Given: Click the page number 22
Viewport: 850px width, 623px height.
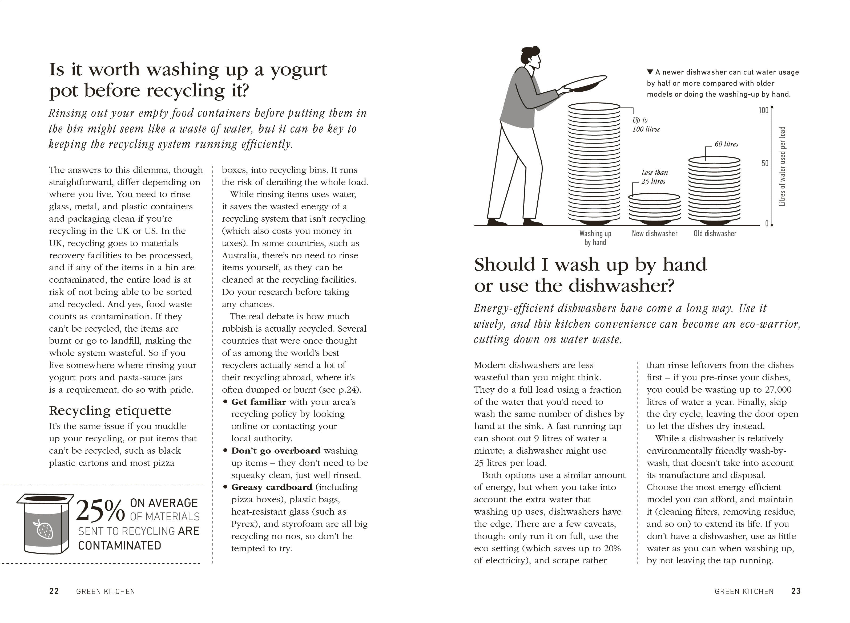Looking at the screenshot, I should coord(54,591).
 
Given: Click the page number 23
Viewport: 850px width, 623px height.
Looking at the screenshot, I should coord(796,591).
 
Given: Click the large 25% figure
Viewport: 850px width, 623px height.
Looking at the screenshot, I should coord(100,511).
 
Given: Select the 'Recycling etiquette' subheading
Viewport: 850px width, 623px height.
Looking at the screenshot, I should coord(110,410).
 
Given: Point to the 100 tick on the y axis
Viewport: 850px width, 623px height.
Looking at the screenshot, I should coord(763,110).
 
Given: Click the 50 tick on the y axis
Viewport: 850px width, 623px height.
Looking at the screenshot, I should coord(765,163).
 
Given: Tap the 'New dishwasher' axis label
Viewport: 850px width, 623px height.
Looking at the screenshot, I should coord(655,233).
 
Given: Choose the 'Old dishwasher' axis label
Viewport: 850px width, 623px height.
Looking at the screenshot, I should coord(715,233).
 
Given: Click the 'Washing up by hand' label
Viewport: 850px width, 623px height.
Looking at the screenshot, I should coord(595,238).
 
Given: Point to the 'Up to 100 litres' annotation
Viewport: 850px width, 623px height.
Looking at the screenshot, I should coord(646,124).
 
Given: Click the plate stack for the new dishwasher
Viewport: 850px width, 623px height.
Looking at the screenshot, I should coord(655,208).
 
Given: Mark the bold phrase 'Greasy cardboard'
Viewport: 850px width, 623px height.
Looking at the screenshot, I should coord(272,487).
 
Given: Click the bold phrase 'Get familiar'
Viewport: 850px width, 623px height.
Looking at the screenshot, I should coord(259,402).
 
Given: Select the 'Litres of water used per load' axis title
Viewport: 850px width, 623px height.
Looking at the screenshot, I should coord(782,166).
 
